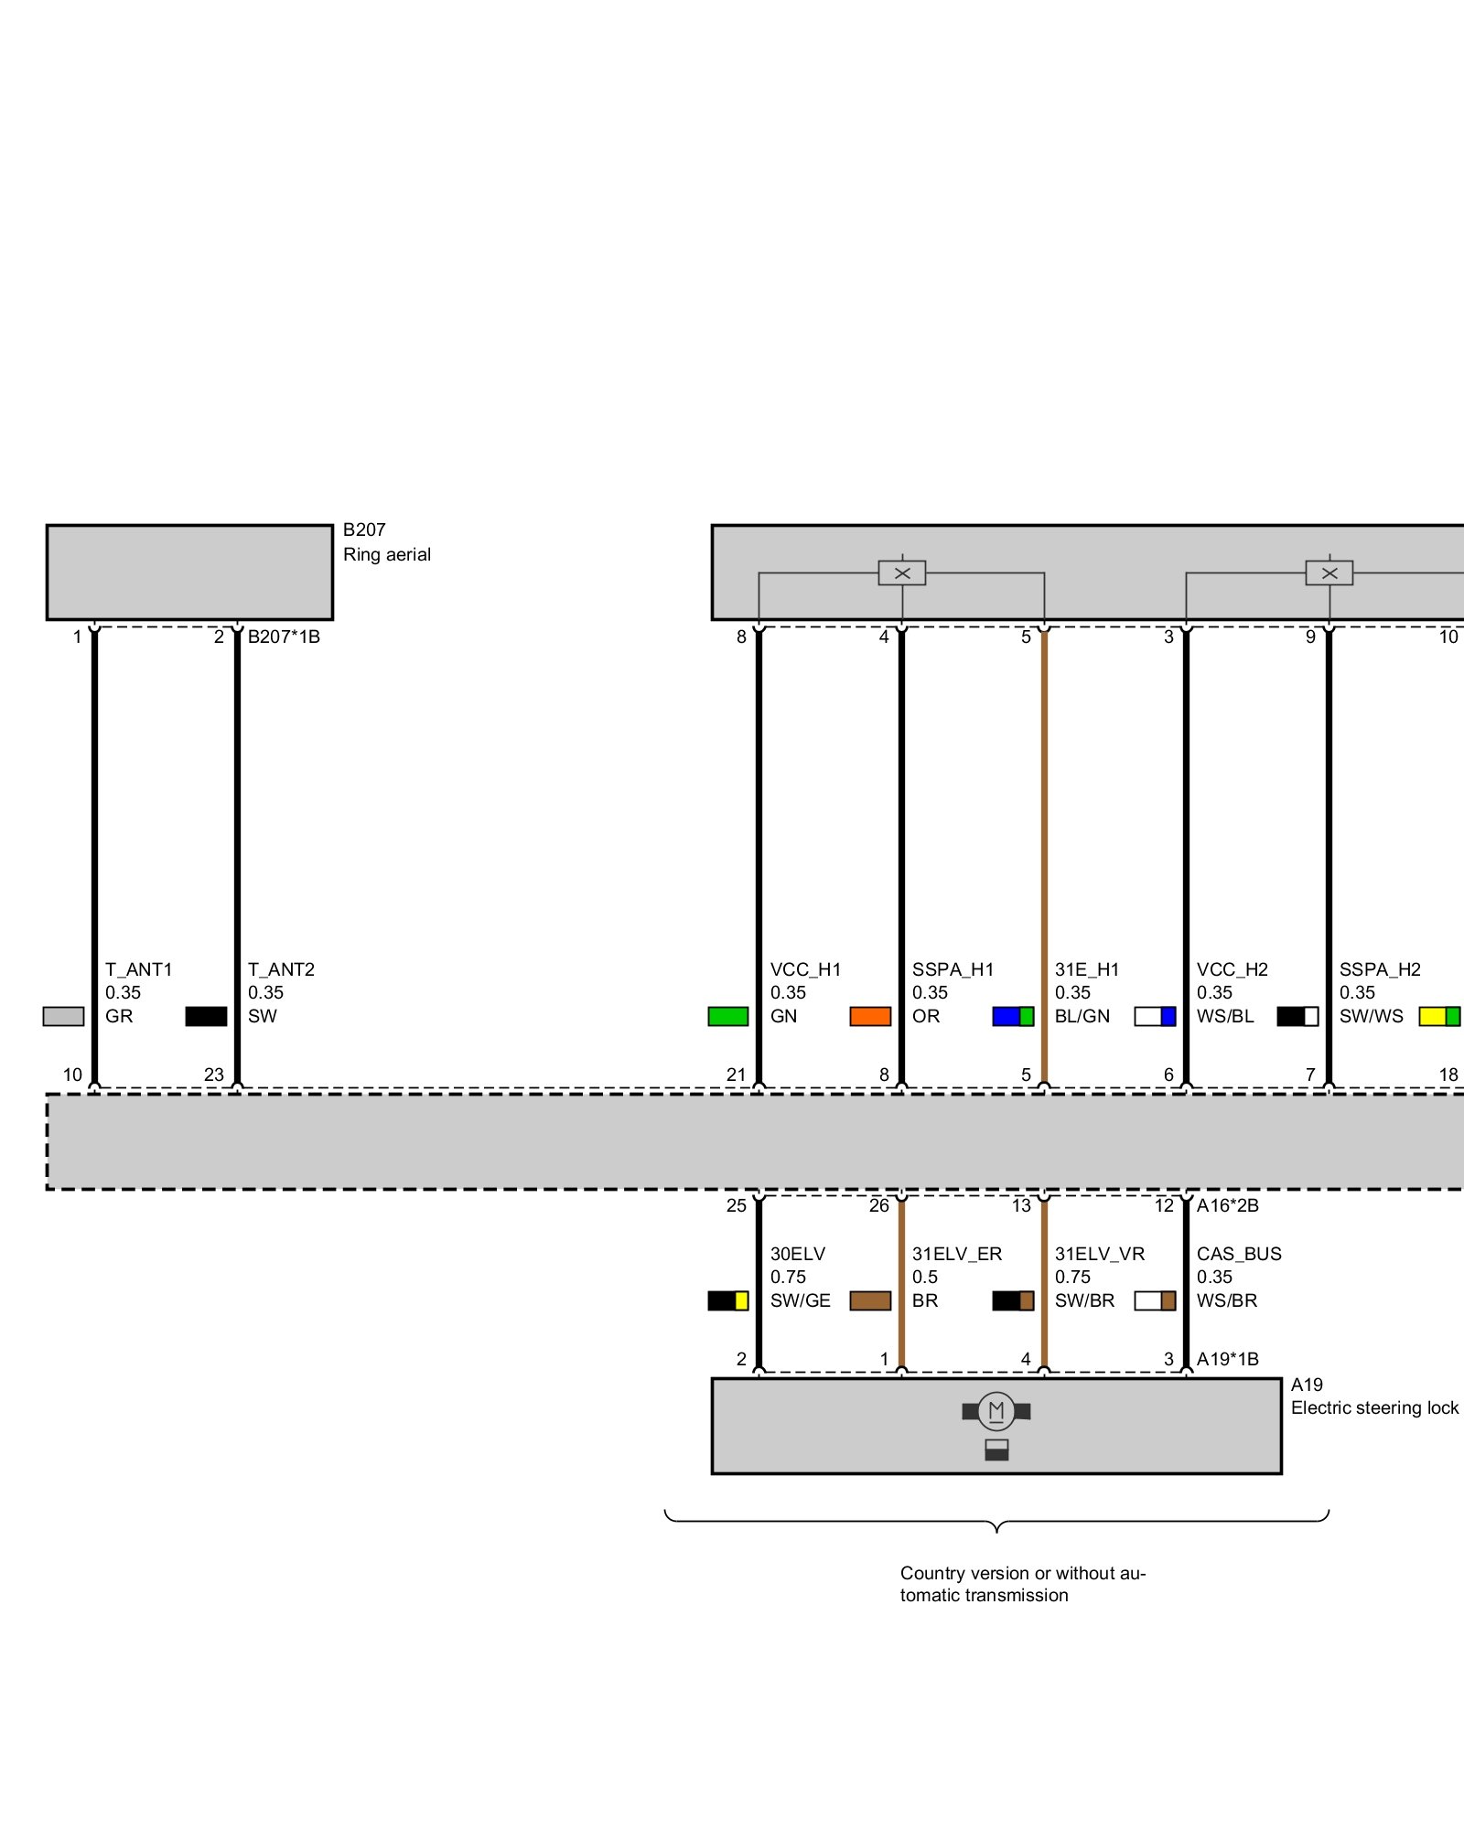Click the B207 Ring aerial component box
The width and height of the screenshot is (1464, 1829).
tap(189, 572)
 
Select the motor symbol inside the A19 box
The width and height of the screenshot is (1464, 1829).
tap(996, 1411)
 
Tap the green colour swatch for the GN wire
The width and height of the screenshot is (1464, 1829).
tap(728, 1016)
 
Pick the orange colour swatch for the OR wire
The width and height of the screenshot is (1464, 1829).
tap(870, 1016)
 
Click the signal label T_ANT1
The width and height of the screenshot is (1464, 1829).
tap(139, 969)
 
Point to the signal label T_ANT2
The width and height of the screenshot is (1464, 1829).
tap(282, 969)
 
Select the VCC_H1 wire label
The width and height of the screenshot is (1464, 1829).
tap(805, 969)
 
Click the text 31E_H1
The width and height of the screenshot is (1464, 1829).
tap(1087, 969)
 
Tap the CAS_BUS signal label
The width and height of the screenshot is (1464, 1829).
tap(1239, 1254)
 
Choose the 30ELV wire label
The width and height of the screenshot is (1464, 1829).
tap(798, 1254)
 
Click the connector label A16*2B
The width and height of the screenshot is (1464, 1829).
tap(1228, 1205)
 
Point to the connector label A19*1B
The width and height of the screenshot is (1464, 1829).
tap(1228, 1359)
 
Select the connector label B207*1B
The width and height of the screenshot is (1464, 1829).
tap(284, 636)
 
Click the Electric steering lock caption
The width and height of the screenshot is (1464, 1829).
tap(1374, 1407)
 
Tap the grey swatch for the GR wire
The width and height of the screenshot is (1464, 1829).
tap(63, 1016)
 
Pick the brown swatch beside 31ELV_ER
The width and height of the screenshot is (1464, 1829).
tap(870, 1300)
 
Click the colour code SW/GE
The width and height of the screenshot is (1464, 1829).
tap(801, 1300)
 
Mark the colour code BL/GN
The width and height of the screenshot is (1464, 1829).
tap(1082, 1016)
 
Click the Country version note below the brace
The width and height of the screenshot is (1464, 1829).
tap(1022, 1584)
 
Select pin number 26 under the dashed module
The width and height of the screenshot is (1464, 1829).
tap(878, 1205)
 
